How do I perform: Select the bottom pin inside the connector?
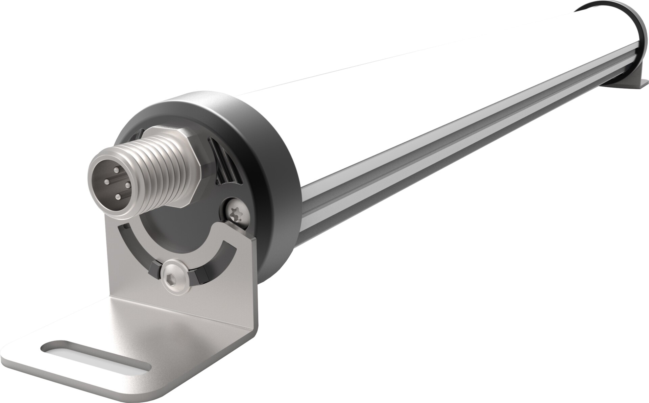click(118, 196)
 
